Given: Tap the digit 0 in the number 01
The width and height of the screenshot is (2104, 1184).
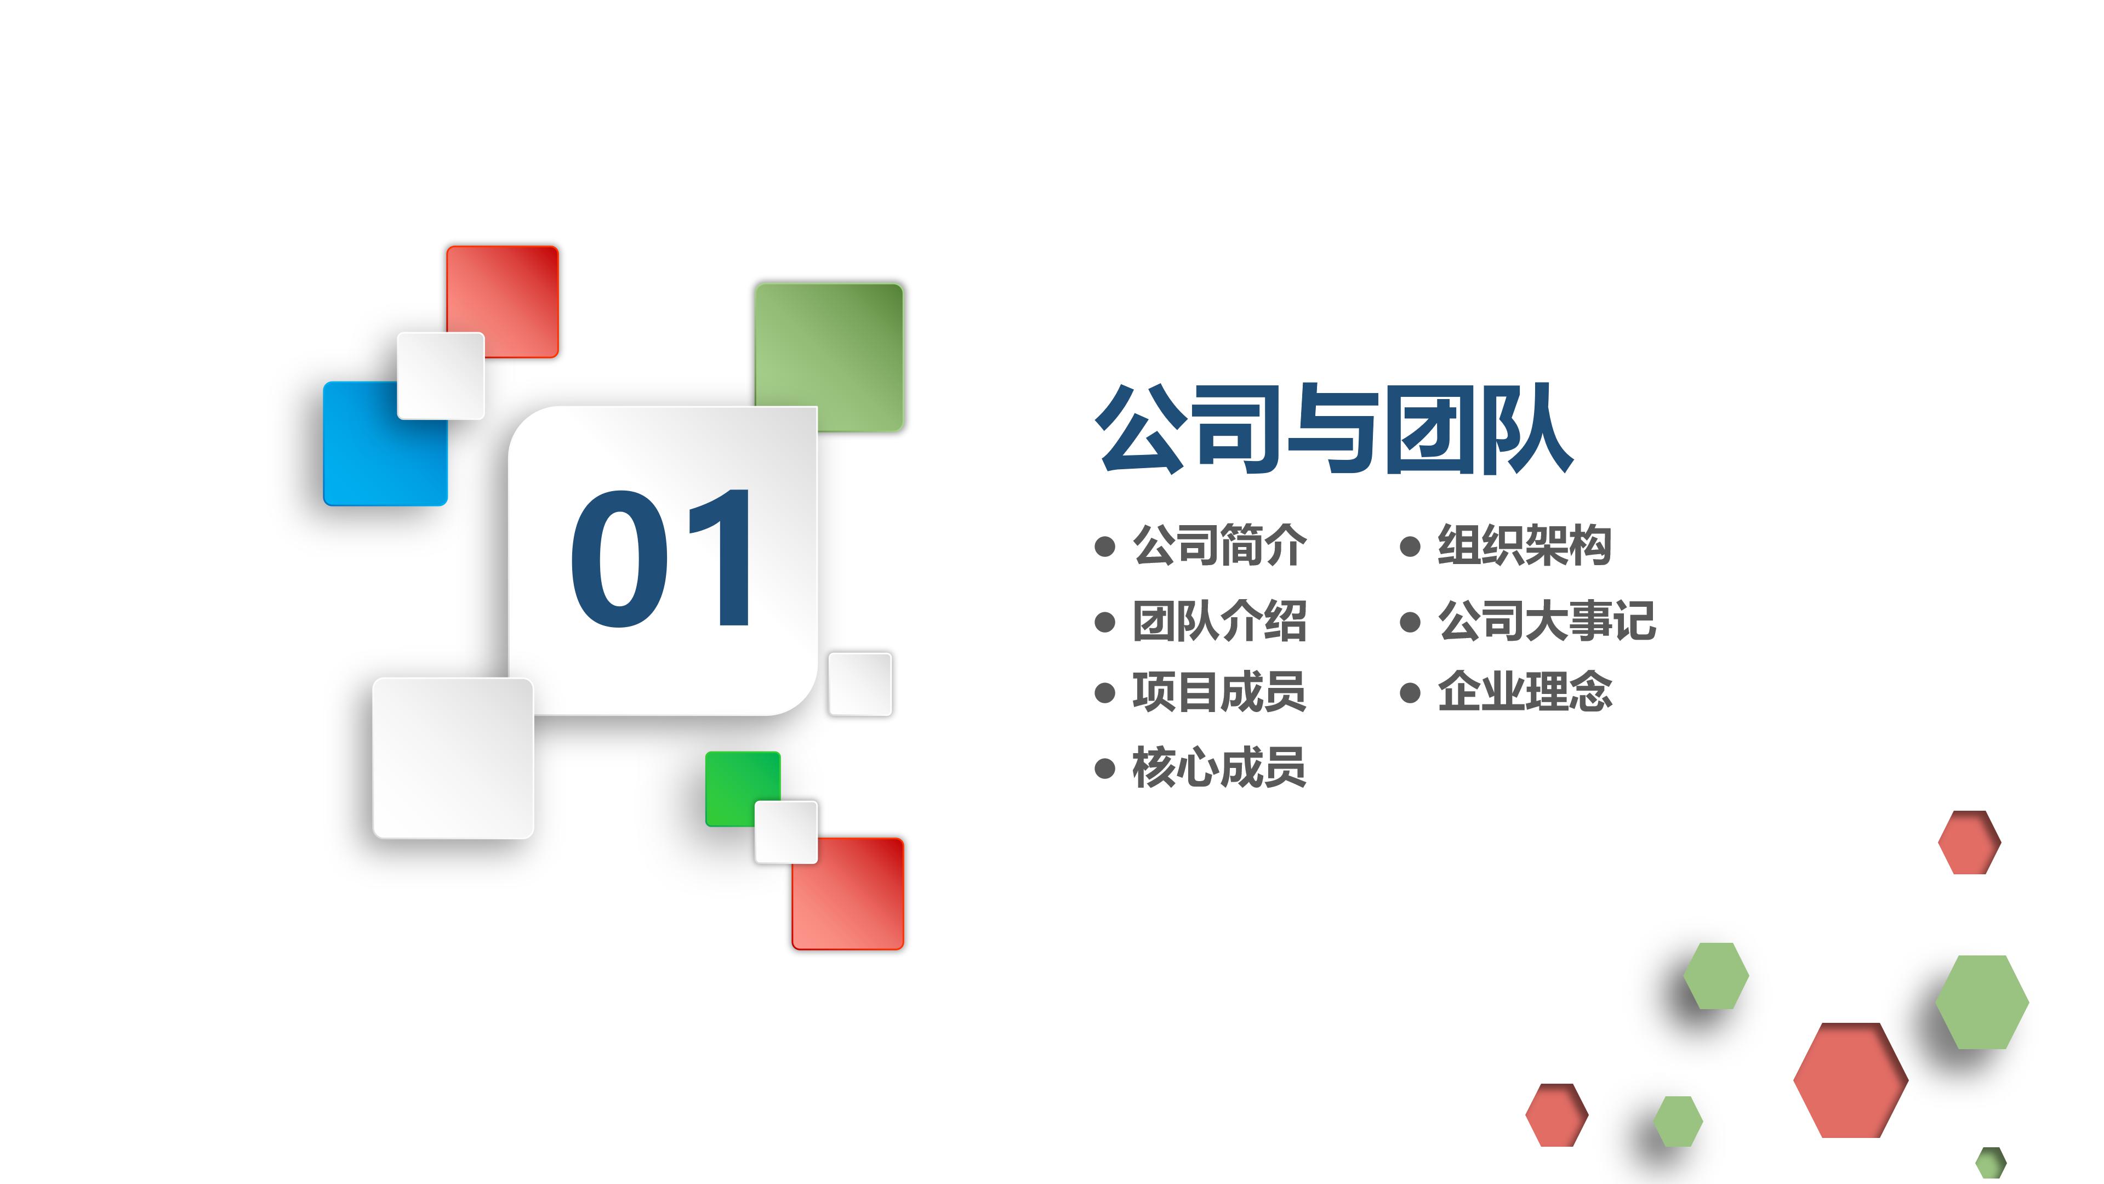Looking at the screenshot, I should tap(619, 559).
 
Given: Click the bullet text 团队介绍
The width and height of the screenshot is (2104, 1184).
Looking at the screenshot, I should tap(1219, 621).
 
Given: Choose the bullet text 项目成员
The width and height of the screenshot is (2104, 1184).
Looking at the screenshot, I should tap(1219, 692).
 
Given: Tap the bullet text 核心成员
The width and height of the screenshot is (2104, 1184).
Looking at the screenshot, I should tap(1219, 768).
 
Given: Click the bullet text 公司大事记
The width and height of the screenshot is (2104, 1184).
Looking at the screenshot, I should tap(1546, 621).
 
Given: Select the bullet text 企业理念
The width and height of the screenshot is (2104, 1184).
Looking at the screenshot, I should tap(1524, 692).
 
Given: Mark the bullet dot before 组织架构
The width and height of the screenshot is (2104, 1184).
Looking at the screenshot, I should tap(1410, 546).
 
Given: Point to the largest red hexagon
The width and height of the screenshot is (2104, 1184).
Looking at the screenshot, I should tap(1850, 1079).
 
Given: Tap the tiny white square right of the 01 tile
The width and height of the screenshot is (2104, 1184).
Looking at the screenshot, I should tap(859, 684).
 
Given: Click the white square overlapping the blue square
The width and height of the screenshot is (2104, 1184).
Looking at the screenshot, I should tap(440, 376).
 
